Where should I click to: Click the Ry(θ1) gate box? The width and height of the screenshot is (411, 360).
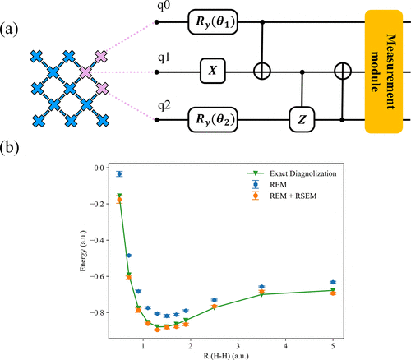click(x=213, y=22)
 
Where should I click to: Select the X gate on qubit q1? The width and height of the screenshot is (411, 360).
click(x=213, y=71)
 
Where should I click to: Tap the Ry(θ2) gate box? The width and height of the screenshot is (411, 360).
click(x=213, y=120)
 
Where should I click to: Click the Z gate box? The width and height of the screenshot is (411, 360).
click(x=302, y=120)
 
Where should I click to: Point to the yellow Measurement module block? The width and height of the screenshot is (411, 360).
click(x=384, y=72)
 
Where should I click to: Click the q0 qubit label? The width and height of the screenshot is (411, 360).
click(x=164, y=6)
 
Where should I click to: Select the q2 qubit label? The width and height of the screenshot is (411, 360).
click(x=164, y=106)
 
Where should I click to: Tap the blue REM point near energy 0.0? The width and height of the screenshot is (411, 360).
click(x=119, y=173)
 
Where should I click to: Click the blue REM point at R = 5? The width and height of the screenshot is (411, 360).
click(x=333, y=282)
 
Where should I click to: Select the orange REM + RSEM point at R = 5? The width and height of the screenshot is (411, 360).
click(x=333, y=293)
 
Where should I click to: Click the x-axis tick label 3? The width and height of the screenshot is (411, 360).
click(x=238, y=346)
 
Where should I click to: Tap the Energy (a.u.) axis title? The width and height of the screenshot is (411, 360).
click(x=83, y=252)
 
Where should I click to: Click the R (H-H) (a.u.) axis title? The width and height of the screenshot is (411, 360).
click(x=226, y=356)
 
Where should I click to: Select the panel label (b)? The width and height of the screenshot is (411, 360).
click(x=10, y=147)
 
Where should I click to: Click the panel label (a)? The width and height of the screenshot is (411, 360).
click(x=9, y=30)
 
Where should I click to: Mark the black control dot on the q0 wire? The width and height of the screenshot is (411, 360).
click(x=262, y=22)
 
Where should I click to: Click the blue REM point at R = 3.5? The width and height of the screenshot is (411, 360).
click(x=261, y=287)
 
